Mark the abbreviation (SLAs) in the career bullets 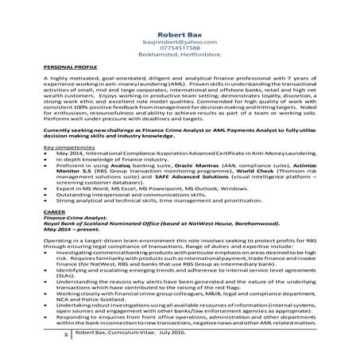(x=68, y=276)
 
